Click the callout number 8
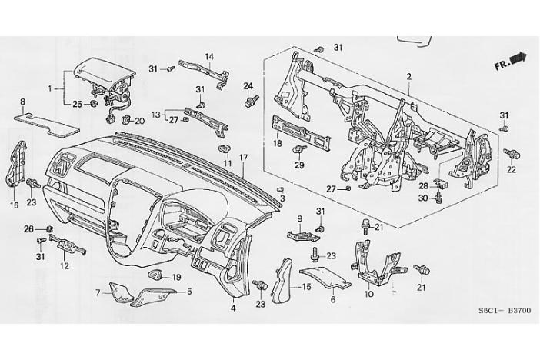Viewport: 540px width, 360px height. click(22, 102)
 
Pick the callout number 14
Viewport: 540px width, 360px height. click(209, 56)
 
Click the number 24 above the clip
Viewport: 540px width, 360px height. click(248, 85)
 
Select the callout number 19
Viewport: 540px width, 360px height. click(176, 278)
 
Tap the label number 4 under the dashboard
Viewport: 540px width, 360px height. click(232, 310)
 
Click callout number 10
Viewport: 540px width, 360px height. click(368, 294)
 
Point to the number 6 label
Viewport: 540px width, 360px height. click(333, 300)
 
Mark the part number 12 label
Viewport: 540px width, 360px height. click(65, 265)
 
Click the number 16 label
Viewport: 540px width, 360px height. click(14, 205)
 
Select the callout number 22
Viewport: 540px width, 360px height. click(511, 169)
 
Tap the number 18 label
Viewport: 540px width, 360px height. click(278, 144)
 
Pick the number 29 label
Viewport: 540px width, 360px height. click(299, 165)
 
